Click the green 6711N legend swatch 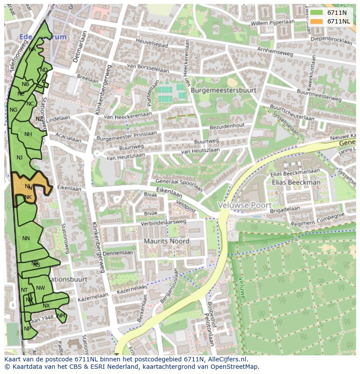pos(316,13)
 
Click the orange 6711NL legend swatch pos(316,21)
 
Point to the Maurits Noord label pos(167,241)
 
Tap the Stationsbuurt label pos(68,279)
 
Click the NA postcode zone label pos(32,50)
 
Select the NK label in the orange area pos(28,197)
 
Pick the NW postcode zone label pos(40,288)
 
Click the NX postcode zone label pos(46,306)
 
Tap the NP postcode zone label pos(27,329)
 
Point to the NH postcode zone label pos(28,134)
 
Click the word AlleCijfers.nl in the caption pos(226,359)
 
